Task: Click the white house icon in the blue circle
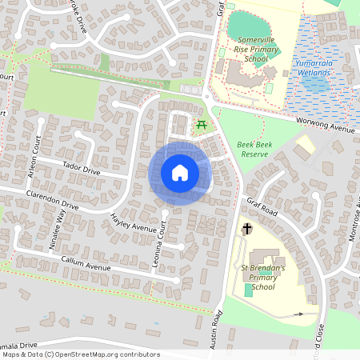pos(179,173)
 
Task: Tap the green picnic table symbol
pos(202,124)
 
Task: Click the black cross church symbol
pos(247,229)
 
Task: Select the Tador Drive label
pos(82,171)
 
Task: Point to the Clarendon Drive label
pos(53,199)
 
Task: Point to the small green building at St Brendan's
pos(248,290)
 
